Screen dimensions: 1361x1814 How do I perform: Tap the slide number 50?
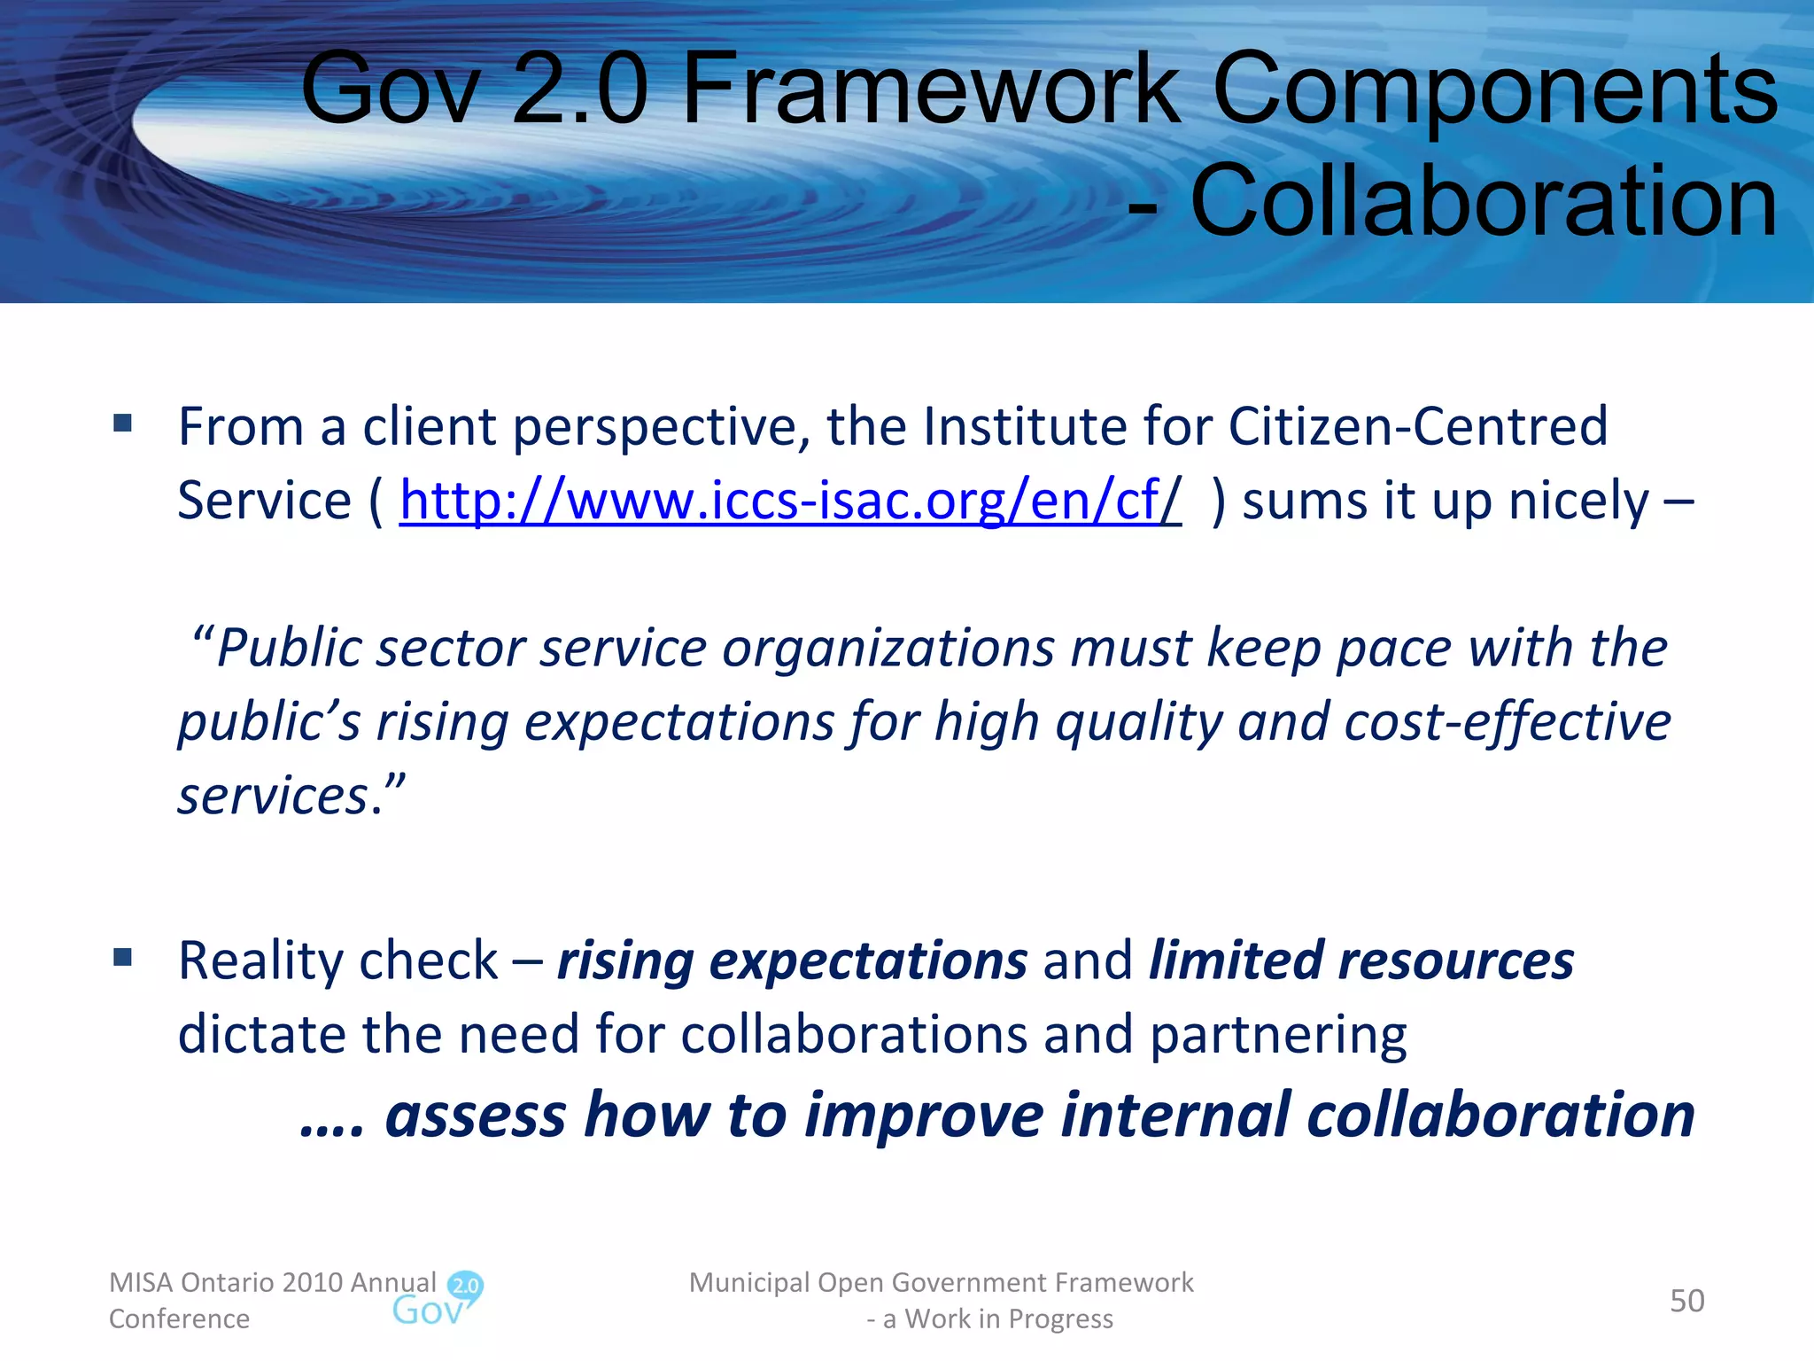1686,1301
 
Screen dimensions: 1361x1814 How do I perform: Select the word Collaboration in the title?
1484,202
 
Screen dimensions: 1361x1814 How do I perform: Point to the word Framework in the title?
930,89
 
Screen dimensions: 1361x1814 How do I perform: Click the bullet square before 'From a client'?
123,423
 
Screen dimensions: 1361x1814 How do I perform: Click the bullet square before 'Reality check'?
123,957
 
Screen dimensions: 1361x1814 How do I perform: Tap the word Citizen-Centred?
1417,427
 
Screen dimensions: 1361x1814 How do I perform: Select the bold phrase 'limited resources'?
1360,960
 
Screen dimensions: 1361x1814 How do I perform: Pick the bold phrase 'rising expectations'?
792,960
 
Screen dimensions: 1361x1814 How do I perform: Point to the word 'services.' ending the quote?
282,796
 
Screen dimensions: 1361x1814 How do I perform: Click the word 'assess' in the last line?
475,1115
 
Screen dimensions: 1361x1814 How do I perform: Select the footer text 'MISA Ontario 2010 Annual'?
273,1282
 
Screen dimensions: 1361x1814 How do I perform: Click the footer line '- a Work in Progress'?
989,1319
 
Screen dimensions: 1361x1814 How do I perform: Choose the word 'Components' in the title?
1494,89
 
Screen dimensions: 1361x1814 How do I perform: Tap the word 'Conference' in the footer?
179,1319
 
